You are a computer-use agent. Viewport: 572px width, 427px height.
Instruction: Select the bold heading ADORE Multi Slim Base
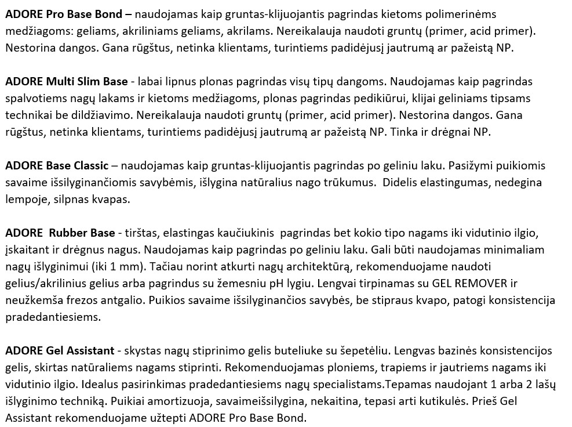(66, 81)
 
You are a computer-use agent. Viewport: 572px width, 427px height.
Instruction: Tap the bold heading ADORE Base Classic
(56, 165)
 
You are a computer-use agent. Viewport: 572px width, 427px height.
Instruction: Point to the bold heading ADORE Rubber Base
(60, 233)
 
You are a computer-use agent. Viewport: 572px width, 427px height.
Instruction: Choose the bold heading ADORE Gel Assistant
(60, 351)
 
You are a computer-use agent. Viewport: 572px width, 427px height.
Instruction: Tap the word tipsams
(511, 98)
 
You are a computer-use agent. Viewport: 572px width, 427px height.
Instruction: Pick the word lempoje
(24, 199)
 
